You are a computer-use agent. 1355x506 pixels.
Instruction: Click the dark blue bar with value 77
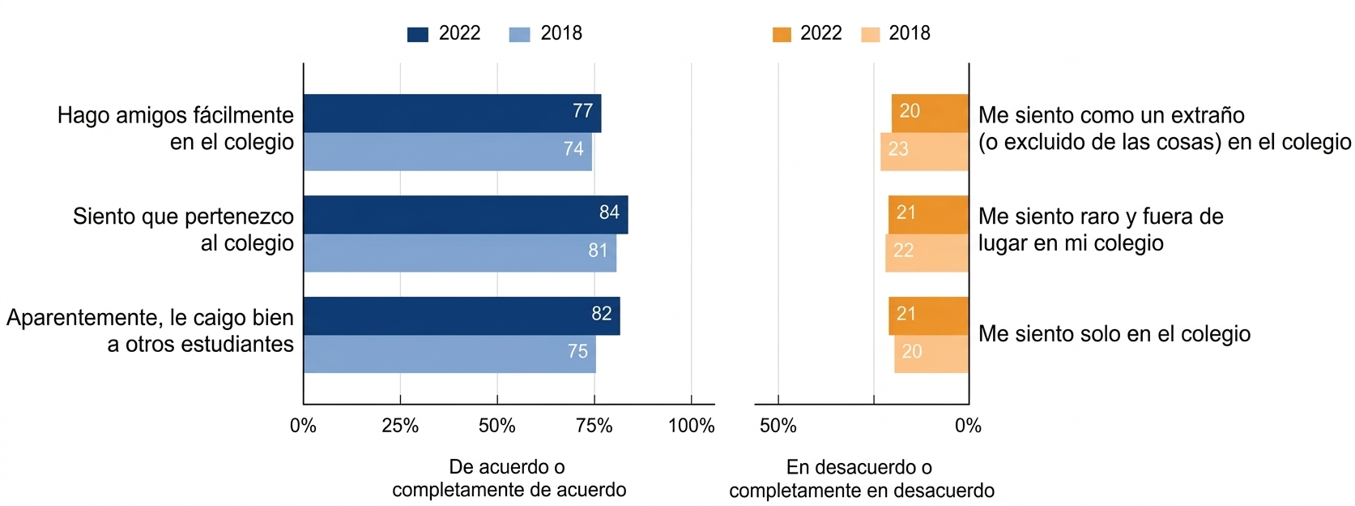[452, 113]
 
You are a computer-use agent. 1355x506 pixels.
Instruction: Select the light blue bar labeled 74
[447, 152]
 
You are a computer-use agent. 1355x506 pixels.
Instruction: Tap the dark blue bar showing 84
[466, 214]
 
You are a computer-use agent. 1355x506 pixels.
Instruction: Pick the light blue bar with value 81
[459, 253]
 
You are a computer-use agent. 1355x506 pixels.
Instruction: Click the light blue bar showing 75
[450, 354]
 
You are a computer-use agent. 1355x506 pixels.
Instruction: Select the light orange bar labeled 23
[924, 152]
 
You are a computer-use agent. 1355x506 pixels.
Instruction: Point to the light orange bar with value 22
[927, 253]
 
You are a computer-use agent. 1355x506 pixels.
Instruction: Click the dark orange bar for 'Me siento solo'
[928, 315]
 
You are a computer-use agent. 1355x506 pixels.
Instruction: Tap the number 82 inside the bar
[601, 314]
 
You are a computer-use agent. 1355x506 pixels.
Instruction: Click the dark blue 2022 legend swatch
[417, 34]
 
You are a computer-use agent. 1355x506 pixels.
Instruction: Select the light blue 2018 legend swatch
[519, 34]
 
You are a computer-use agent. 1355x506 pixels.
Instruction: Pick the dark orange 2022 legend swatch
[782, 34]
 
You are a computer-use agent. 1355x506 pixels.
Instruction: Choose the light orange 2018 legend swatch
[870, 34]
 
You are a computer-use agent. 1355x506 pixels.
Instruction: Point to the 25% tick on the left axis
[400, 426]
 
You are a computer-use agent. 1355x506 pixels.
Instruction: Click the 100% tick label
[691, 426]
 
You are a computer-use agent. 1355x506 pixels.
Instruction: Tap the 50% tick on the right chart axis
[778, 426]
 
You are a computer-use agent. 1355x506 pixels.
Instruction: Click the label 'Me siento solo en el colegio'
[1114, 334]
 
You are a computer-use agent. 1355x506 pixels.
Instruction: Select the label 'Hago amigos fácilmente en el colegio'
[175, 128]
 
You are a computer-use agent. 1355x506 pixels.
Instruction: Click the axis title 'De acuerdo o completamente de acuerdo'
[509, 478]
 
